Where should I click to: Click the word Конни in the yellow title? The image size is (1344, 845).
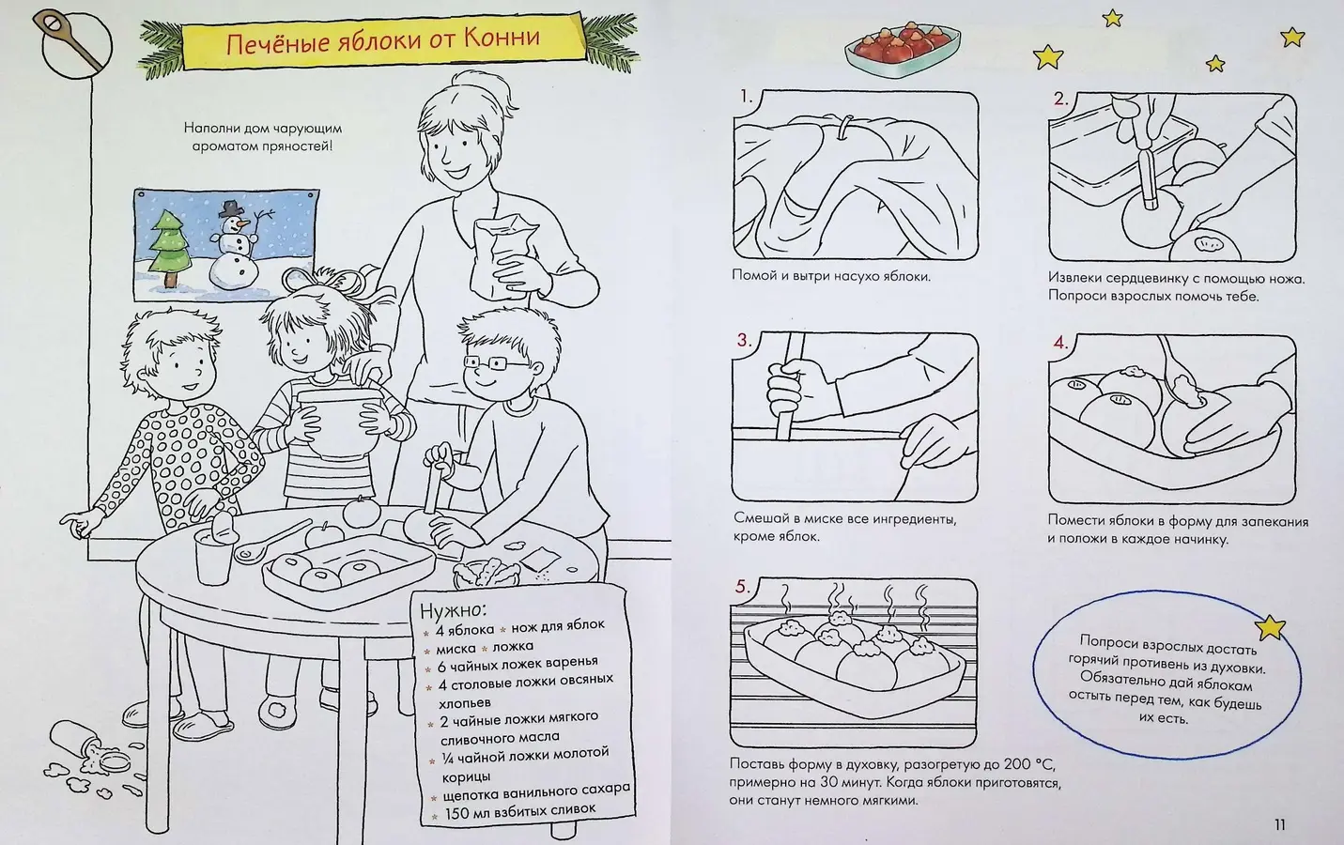[501, 38]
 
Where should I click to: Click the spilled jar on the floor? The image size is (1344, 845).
[89, 749]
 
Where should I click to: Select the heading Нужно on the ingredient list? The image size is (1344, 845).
[454, 610]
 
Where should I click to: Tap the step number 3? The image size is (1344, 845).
[744, 341]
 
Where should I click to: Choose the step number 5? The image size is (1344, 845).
[743, 587]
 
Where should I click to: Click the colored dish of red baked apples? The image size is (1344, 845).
[902, 48]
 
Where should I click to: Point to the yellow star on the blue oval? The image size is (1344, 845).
[1270, 628]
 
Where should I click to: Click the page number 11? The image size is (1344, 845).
[1280, 825]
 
